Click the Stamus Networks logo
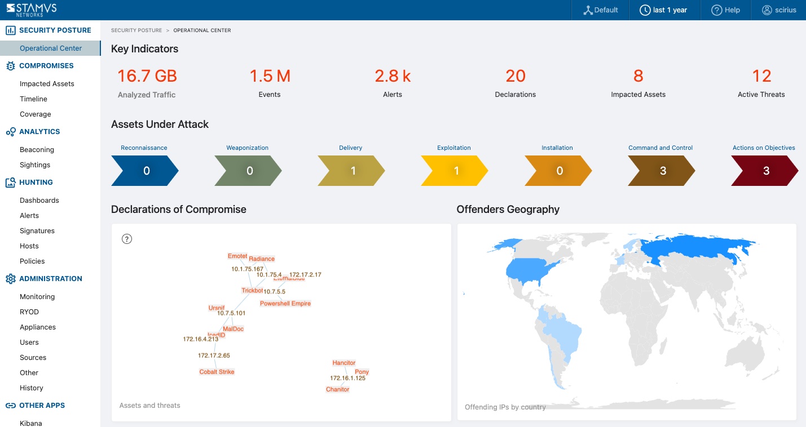[32, 10]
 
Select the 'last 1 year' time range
[663, 10]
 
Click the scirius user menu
[779, 10]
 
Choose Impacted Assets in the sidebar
[47, 84]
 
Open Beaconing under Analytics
[37, 150]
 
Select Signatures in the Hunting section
[37, 231]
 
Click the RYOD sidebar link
[29, 312]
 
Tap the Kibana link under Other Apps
[31, 423]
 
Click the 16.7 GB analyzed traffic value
[147, 76]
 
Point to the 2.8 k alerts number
[393, 76]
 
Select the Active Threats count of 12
[761, 76]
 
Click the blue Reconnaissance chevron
[145, 171]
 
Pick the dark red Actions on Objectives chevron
[764, 171]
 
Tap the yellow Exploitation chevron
[455, 171]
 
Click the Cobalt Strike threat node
[217, 372]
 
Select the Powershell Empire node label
[285, 304]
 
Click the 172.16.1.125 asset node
[347, 378]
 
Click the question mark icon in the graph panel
[127, 239]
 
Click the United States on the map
[533, 273]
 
